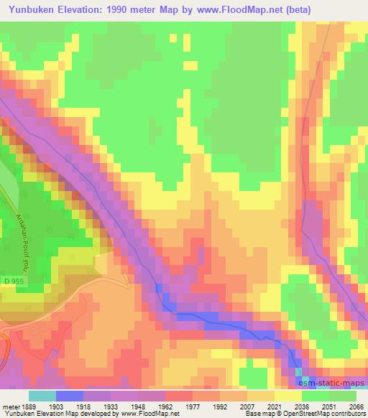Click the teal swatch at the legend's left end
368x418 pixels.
click(42, 396)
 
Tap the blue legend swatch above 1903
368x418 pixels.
click(68, 396)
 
